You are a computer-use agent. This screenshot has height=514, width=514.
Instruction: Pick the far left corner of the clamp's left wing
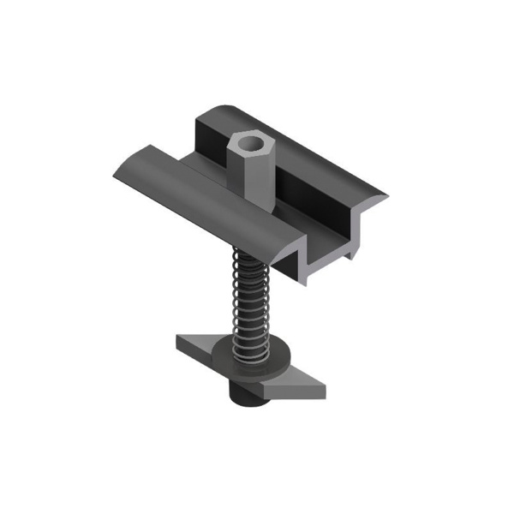(x=114, y=177)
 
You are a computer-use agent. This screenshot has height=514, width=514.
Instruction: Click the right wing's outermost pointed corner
(x=386, y=198)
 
